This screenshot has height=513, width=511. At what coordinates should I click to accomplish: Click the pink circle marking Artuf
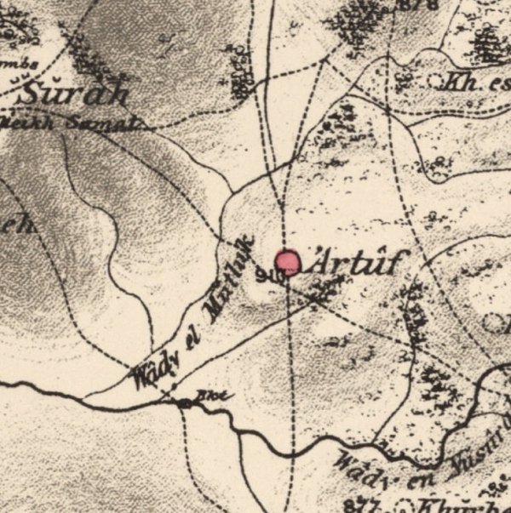[289, 262]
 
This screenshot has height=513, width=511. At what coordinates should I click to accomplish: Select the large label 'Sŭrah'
[76, 91]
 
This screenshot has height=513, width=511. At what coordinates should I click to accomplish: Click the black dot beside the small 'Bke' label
[185, 403]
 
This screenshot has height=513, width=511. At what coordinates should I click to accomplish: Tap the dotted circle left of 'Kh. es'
[439, 83]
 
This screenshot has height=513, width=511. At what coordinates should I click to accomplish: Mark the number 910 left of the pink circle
[267, 273]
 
